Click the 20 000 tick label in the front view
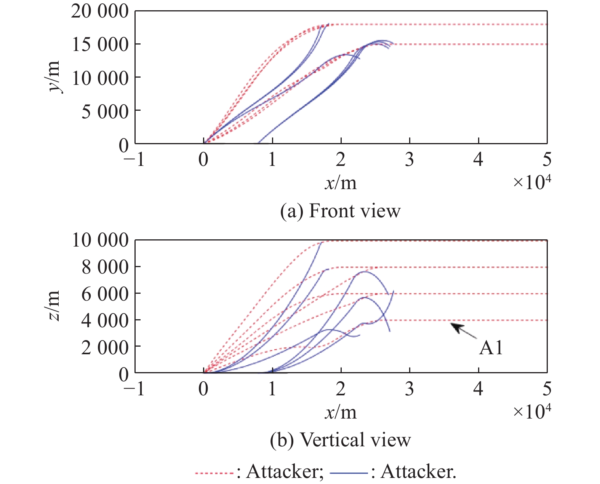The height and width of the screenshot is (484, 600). click(x=100, y=11)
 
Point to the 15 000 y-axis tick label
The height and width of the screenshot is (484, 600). click(x=100, y=45)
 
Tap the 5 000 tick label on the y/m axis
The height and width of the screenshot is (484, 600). click(x=105, y=112)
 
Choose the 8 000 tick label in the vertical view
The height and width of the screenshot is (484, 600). click(x=105, y=267)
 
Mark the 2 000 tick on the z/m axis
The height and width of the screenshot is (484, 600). click(x=105, y=347)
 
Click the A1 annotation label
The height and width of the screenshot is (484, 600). click(x=491, y=347)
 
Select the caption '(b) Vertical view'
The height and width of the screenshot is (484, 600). click(x=340, y=440)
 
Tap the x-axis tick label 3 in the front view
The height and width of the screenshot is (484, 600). click(x=410, y=159)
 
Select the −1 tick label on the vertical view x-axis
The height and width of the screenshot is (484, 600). click(x=134, y=389)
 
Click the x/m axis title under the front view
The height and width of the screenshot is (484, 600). click(x=341, y=183)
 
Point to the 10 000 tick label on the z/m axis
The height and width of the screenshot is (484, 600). click(x=100, y=240)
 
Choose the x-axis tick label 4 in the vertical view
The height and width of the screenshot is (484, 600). click(x=478, y=389)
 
